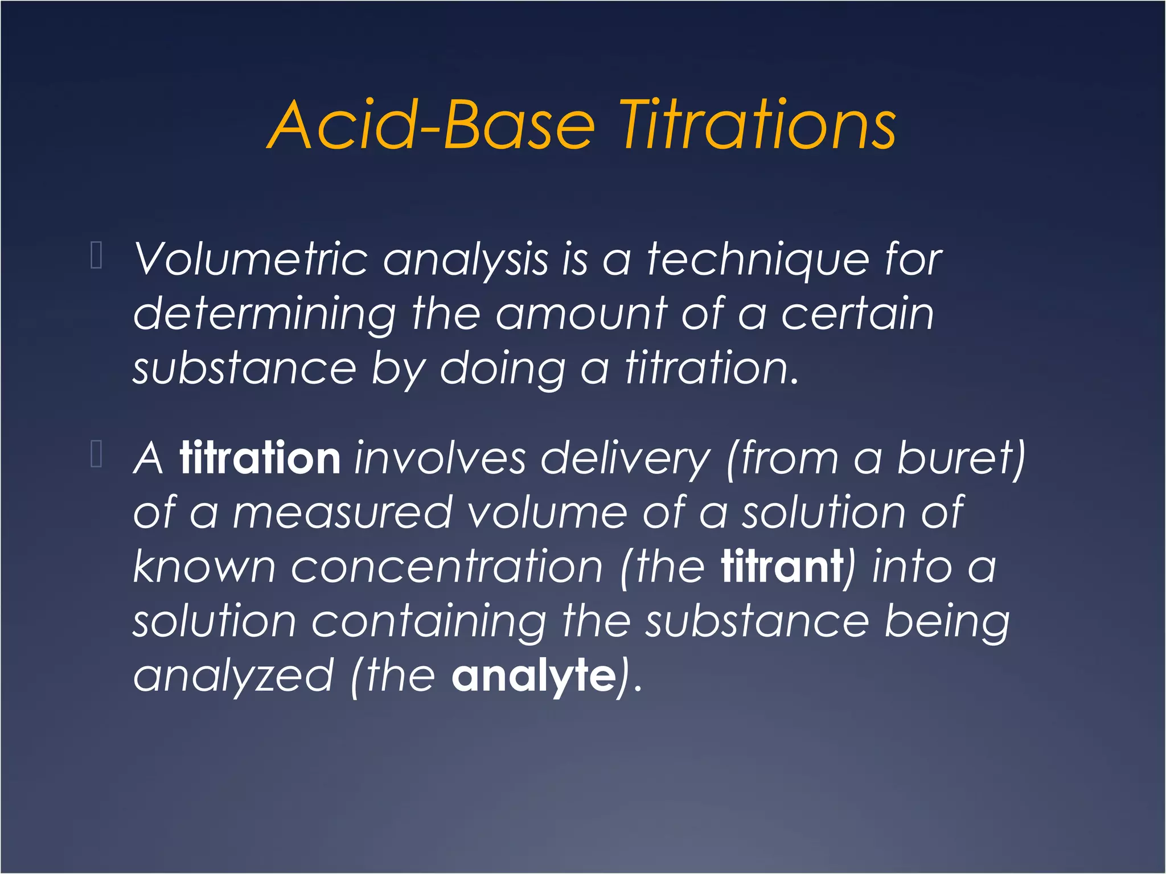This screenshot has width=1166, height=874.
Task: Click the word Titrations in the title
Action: (757, 125)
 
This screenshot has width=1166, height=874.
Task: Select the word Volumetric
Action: (251, 259)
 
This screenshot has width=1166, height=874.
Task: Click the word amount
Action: (581, 314)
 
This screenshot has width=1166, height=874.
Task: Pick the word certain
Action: (857, 314)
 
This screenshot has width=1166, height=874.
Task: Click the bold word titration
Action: (260, 458)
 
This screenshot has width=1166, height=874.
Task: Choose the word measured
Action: (342, 513)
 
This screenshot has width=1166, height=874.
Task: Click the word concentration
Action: (447, 567)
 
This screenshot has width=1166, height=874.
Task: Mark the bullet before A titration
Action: (96, 454)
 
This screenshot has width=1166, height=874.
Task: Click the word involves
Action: (440, 458)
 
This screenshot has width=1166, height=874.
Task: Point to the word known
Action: (204, 567)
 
